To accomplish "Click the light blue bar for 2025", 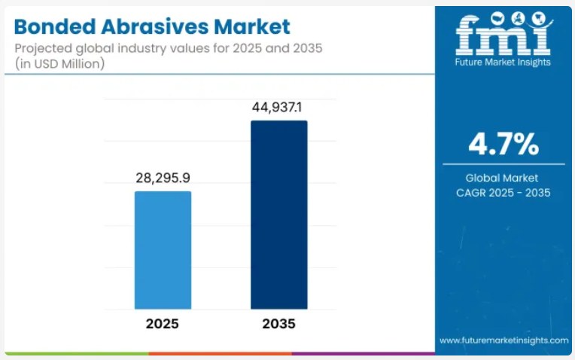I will pyautogui.click(x=163, y=250).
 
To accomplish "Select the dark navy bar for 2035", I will pyautogui.click(x=278, y=215).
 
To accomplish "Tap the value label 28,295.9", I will pyautogui.click(x=163, y=179).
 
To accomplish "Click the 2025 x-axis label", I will pyautogui.click(x=162, y=325).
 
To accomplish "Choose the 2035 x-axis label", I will pyautogui.click(x=278, y=325).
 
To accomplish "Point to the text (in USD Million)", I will pyautogui.click(x=59, y=64).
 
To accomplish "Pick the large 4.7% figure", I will pyautogui.click(x=504, y=144).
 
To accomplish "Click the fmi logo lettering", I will pyautogui.click(x=504, y=33).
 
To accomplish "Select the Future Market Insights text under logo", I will pyautogui.click(x=504, y=63).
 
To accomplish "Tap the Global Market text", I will pyautogui.click(x=504, y=178).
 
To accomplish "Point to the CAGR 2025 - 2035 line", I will pyautogui.click(x=504, y=194).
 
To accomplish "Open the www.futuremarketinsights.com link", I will pyautogui.click(x=504, y=340).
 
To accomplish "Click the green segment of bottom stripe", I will pyautogui.click(x=75, y=352).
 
